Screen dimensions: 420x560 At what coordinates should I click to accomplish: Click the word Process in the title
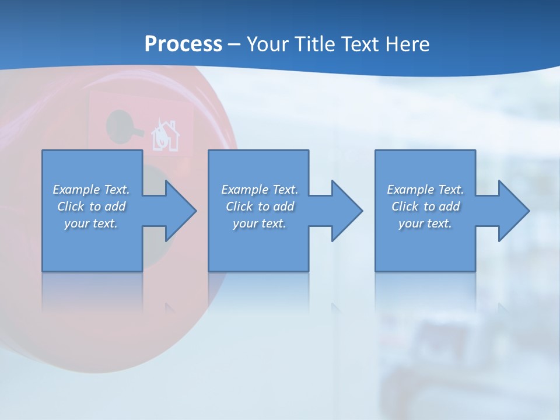183,44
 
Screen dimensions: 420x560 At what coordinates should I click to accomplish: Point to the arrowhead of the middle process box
346,211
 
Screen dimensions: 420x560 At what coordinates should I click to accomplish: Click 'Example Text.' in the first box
91,190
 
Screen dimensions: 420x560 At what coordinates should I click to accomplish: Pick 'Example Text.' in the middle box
260,190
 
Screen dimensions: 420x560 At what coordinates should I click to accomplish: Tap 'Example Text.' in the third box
425,190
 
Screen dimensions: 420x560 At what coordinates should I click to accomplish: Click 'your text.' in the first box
91,223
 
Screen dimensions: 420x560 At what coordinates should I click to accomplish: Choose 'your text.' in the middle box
260,223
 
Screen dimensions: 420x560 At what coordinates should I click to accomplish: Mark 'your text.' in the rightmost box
425,223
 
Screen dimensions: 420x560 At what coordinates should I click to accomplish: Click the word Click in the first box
71,206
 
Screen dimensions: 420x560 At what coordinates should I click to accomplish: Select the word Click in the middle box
239,206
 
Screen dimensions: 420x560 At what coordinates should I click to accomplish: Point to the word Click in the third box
405,206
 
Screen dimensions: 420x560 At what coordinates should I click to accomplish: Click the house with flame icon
165,136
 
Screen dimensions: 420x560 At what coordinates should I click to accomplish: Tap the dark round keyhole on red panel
120,125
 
